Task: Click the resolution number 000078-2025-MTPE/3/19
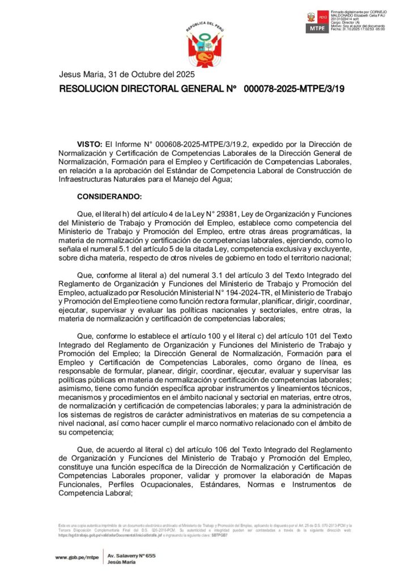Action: pyautogui.click(x=294, y=89)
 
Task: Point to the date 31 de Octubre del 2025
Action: pyautogui.click(x=151, y=75)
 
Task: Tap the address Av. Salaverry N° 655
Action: pyautogui.click(x=131, y=556)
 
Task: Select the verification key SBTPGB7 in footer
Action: pyautogui.click(x=219, y=535)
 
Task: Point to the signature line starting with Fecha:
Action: pyautogui.click(x=358, y=29)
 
